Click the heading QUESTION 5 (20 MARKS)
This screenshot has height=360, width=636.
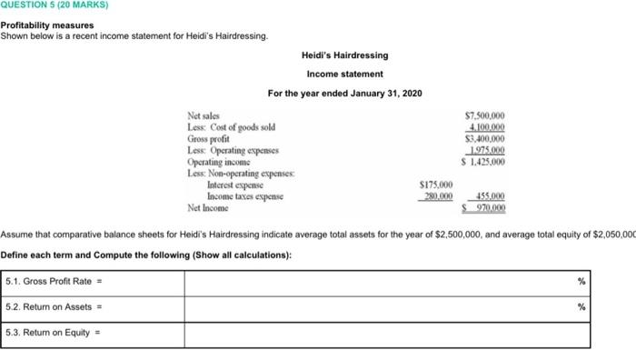click(54, 5)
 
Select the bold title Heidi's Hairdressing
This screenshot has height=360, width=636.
click(344, 55)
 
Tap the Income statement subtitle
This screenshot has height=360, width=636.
click(344, 74)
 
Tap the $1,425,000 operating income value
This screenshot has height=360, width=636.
click(483, 162)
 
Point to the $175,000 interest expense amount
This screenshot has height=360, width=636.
click(435, 185)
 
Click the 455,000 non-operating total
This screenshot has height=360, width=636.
click(487, 196)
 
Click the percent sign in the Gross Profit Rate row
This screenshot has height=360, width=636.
click(581, 282)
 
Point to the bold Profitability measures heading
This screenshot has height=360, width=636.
click(47, 25)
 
